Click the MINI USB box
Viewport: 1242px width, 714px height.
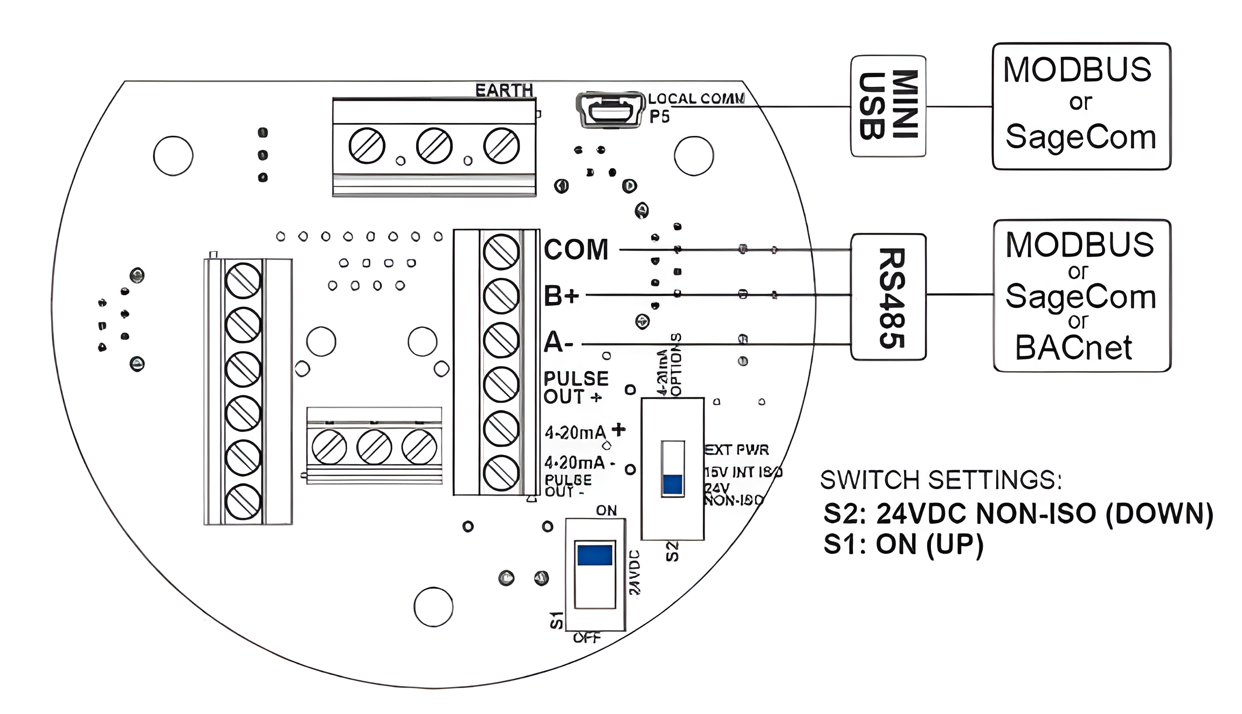click(x=888, y=106)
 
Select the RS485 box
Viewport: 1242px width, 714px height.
click(x=888, y=297)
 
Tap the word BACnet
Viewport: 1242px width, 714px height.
click(x=1073, y=348)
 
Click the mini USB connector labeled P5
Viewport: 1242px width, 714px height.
click(x=610, y=110)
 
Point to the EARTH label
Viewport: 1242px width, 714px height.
click(x=504, y=90)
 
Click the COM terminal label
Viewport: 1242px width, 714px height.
click(x=576, y=250)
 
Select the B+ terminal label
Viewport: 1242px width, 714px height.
click(x=561, y=296)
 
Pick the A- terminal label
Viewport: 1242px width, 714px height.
click(x=558, y=342)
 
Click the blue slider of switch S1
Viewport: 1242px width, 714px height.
click(x=595, y=555)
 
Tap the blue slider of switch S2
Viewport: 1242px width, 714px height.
click(x=672, y=484)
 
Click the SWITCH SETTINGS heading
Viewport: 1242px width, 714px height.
click(x=941, y=479)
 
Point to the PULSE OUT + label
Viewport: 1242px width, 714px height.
click(x=575, y=387)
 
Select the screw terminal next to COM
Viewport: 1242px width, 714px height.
click(x=501, y=252)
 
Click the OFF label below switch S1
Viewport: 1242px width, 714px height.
click(x=586, y=638)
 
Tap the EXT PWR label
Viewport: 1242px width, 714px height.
click(x=736, y=450)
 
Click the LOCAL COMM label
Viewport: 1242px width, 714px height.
click(x=696, y=99)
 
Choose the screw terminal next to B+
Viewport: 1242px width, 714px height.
click(x=501, y=296)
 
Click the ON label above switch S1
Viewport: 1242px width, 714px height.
click(x=606, y=510)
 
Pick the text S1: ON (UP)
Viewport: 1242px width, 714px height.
click(x=903, y=544)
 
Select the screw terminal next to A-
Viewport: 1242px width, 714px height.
click(x=501, y=340)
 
